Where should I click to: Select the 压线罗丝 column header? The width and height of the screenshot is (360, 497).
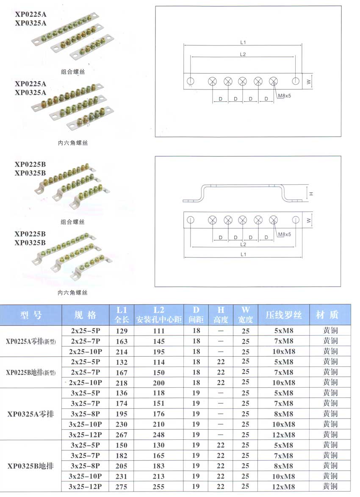point(284,315)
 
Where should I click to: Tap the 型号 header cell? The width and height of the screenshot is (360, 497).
point(31,315)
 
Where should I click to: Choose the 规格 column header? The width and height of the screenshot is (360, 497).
point(86,315)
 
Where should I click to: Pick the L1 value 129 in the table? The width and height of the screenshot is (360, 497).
point(122,330)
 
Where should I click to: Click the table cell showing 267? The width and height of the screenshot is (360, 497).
point(122,434)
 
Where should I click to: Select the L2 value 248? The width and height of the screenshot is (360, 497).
point(158,434)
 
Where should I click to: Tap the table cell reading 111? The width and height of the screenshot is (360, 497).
point(158,330)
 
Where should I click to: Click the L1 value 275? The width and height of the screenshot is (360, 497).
point(122,486)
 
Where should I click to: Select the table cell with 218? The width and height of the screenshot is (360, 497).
point(122,383)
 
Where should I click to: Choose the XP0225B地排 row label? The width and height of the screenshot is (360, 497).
point(31,372)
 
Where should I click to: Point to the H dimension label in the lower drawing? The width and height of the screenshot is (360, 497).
point(311,193)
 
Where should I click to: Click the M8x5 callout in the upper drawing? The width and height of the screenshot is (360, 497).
point(285,96)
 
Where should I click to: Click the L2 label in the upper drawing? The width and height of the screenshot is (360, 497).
point(243,54)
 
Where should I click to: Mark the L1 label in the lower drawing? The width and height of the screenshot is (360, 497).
point(243,254)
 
